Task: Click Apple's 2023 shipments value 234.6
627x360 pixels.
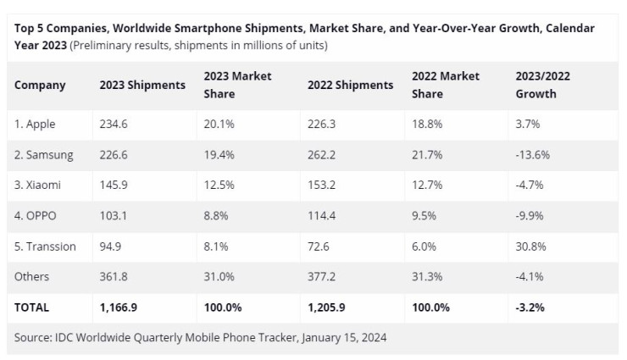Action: point(114,125)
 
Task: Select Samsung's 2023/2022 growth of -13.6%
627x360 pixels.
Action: point(534,155)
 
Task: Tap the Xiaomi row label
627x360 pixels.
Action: point(38,186)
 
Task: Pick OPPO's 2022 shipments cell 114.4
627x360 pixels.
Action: point(322,216)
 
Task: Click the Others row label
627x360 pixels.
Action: point(32,277)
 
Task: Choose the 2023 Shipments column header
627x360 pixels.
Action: point(142,85)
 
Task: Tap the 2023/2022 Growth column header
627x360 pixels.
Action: point(542,85)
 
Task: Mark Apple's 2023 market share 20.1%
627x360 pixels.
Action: point(219,125)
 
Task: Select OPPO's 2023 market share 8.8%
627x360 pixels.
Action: point(216,216)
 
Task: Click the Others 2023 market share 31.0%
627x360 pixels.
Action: point(219,277)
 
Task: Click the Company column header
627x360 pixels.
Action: point(40,85)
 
